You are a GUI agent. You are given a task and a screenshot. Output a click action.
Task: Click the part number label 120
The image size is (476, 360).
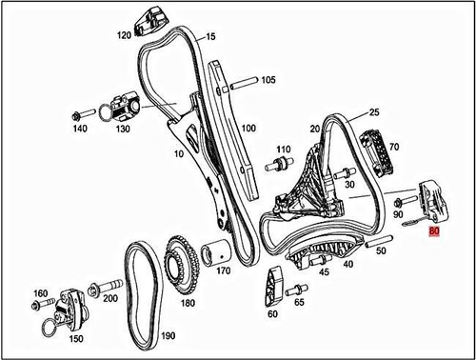click(124, 35)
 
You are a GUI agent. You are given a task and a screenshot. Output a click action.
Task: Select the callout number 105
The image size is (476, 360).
click(268, 79)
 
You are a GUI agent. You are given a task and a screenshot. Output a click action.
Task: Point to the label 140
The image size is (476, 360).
click(79, 128)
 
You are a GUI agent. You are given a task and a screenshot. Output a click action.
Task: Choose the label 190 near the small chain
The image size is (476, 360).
click(169, 335)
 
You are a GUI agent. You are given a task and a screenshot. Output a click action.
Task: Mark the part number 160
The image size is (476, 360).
click(40, 293)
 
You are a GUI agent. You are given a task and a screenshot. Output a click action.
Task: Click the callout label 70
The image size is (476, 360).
click(393, 147)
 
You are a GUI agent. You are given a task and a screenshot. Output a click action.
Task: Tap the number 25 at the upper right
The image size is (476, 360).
click(374, 112)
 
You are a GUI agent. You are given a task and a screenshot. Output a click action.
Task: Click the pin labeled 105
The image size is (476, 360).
click(242, 81)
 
